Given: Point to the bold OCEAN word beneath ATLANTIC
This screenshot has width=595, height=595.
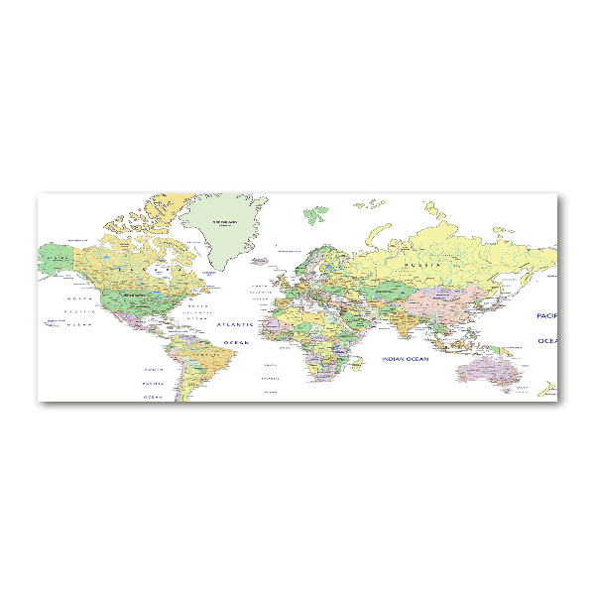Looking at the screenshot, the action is [236, 342].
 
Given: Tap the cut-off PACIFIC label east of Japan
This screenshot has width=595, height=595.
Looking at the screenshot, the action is [546, 315].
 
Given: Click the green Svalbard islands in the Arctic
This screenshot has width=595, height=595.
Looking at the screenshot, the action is [314, 212].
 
